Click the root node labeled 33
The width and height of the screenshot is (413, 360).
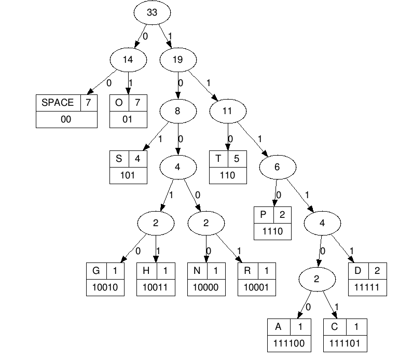click(x=152, y=13)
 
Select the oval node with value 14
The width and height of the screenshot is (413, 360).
click(x=128, y=59)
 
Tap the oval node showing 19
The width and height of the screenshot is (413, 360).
click(x=177, y=59)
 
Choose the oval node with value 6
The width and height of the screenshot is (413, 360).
click(x=277, y=167)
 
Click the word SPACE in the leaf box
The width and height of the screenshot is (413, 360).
click(x=58, y=102)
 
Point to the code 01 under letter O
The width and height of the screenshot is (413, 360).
click(x=128, y=119)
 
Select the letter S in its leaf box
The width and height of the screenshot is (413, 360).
click(x=119, y=159)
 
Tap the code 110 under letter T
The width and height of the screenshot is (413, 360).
click(x=227, y=175)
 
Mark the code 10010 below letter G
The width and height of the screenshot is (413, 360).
click(x=106, y=287)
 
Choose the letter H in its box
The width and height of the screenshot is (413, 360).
click(x=146, y=271)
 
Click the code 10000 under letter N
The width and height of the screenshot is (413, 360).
click(x=206, y=287)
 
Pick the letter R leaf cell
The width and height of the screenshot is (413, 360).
click(x=247, y=271)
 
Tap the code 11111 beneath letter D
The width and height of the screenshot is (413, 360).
click(x=367, y=287)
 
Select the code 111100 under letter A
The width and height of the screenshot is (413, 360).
click(x=289, y=343)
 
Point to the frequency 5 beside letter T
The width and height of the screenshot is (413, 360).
click(x=236, y=159)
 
